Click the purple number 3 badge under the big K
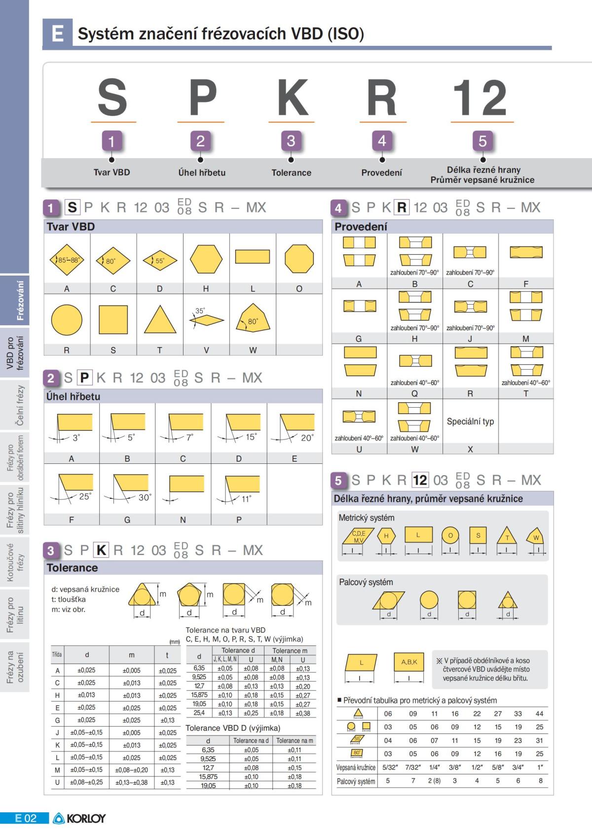tap(291, 141)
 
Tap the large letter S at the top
tap(112, 97)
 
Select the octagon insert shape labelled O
tap(299, 259)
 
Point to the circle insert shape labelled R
tap(67, 319)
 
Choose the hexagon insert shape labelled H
tap(206, 259)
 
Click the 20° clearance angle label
tap(307, 438)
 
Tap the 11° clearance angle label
tap(247, 499)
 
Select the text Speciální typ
tap(470, 421)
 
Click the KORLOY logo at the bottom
tap(79, 818)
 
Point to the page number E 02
tap(26, 818)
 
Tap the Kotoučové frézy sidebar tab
tap(15, 562)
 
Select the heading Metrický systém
tap(367, 518)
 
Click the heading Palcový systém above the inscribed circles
tap(366, 582)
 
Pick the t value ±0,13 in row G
tap(167, 720)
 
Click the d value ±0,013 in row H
tap(86, 695)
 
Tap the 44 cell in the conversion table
tap(539, 713)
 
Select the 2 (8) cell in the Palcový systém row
tap(434, 781)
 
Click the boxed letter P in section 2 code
tap(84, 378)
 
